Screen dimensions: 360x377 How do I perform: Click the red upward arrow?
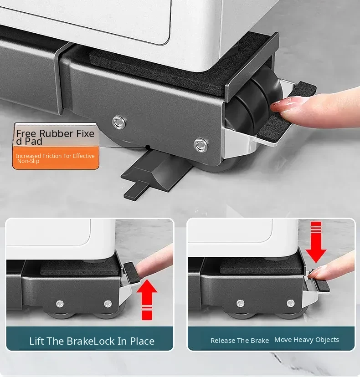click(x=147, y=299)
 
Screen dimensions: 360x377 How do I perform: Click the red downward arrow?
click(x=316, y=242)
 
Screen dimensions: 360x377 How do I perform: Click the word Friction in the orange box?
click(x=57, y=156)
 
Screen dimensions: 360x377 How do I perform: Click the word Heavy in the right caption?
click(x=303, y=340)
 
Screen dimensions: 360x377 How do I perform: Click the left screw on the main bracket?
click(x=119, y=122)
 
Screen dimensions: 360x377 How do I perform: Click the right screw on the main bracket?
click(x=201, y=145)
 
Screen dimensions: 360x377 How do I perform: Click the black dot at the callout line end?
click(x=148, y=147)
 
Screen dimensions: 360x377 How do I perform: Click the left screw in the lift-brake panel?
click(x=59, y=304)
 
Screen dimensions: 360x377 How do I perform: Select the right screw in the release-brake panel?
click(x=290, y=304)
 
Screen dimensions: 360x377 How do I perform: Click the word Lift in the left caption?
click(x=36, y=341)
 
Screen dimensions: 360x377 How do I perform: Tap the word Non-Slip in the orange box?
click(x=28, y=161)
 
